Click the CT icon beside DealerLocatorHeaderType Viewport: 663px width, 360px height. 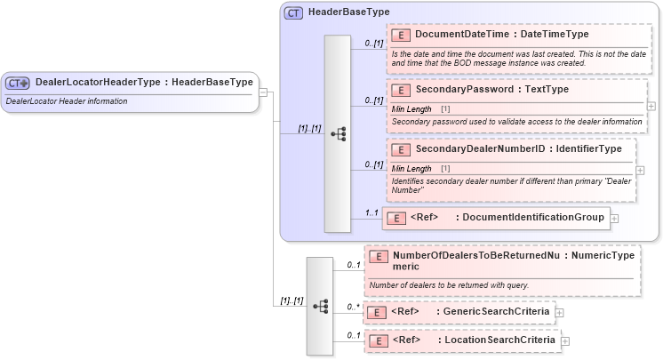(18, 83)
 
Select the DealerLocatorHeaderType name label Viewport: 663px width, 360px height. (98, 83)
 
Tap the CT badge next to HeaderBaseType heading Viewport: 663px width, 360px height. (293, 12)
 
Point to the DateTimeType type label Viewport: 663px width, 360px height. (555, 35)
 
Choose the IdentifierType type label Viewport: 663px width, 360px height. (586, 148)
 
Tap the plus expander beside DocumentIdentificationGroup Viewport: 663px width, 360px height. (614, 218)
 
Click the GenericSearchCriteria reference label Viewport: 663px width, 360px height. (500, 312)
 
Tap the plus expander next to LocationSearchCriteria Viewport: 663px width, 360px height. (565, 340)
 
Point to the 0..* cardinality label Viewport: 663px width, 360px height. (353, 307)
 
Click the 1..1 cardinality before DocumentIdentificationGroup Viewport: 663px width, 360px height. (371, 212)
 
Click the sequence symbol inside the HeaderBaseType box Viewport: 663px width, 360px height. (338, 134)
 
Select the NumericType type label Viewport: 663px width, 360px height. (603, 256)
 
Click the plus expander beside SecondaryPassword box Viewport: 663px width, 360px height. (651, 106)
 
